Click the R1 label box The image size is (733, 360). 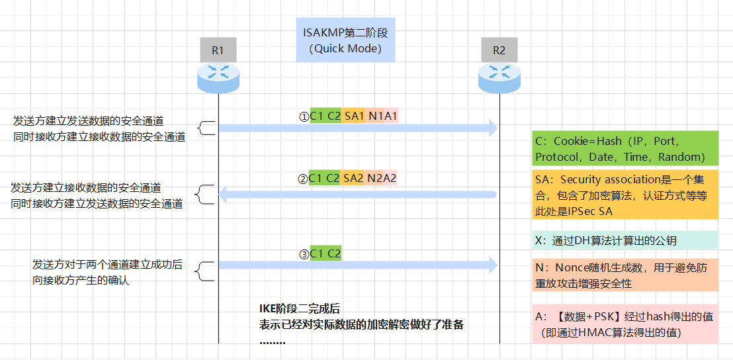[x=218, y=50]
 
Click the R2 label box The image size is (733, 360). [x=499, y=50]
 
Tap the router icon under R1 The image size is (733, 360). [x=218, y=77]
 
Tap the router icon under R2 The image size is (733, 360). [x=499, y=77]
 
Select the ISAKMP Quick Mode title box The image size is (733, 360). [x=346, y=40]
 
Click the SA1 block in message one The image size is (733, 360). [x=354, y=116]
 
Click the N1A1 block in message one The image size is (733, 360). [x=382, y=116]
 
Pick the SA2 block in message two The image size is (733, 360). [x=354, y=178]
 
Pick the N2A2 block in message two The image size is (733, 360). [x=382, y=178]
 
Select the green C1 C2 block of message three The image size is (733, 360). [x=325, y=253]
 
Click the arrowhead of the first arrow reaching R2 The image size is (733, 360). [x=492, y=128]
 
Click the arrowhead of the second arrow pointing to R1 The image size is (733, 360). [x=224, y=194]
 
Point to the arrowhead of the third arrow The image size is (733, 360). [x=492, y=265]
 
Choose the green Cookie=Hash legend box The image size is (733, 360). [x=625, y=148]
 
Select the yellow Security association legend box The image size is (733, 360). [x=625, y=195]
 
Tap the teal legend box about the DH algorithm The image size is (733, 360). [x=625, y=240]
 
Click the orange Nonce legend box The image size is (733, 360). [x=625, y=275]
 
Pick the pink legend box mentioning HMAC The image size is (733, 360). [x=625, y=324]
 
